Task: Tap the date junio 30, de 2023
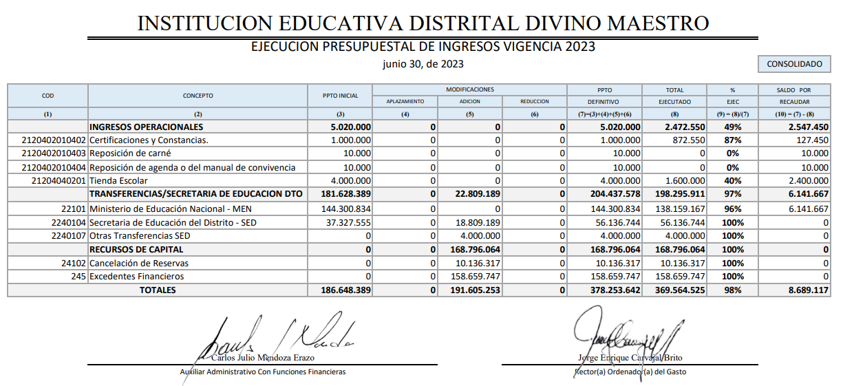coord(423,64)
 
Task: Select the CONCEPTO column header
coord(198,96)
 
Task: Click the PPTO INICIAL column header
coord(340,96)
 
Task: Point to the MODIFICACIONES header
coord(469,89)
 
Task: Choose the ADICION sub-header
coord(469,102)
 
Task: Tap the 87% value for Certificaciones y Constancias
coord(732,140)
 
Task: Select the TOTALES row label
coord(158,290)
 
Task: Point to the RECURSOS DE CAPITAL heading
coord(137,249)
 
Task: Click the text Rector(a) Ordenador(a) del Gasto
coord(630,372)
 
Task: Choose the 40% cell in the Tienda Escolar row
coord(732,180)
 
